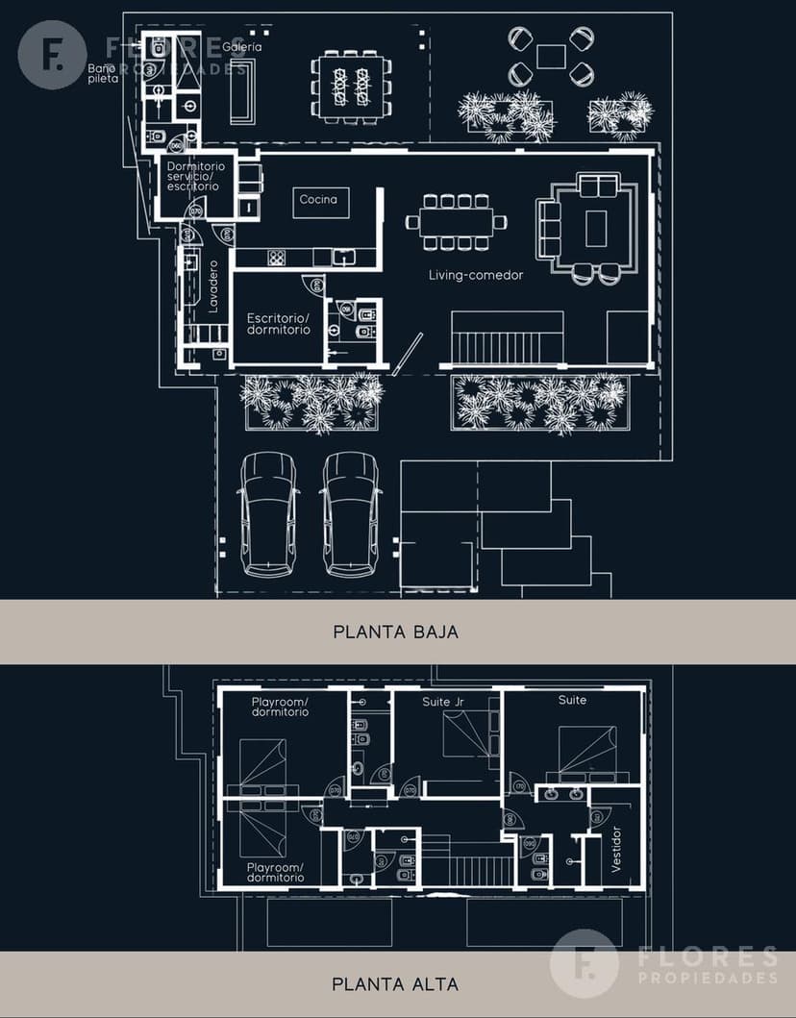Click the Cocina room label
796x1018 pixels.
click(x=318, y=199)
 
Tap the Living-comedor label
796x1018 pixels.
click(x=476, y=275)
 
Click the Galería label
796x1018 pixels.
click(x=241, y=46)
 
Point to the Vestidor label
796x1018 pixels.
click(x=615, y=849)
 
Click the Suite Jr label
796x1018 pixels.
click(x=442, y=702)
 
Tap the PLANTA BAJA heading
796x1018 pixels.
click(x=395, y=632)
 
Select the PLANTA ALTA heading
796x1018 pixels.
click(x=395, y=983)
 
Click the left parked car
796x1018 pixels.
click(x=268, y=514)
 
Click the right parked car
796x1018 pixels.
click(x=350, y=514)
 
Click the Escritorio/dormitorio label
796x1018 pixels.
click(x=278, y=323)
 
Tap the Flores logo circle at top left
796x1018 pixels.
click(x=52, y=55)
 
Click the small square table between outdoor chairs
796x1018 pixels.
click(x=551, y=57)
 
